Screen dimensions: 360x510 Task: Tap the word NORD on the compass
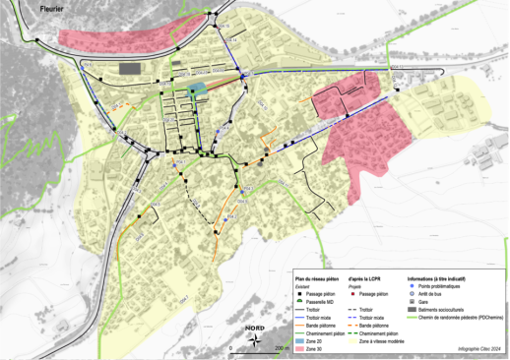click(x=255, y=329)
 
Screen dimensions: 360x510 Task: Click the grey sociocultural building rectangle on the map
click(x=129, y=69)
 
